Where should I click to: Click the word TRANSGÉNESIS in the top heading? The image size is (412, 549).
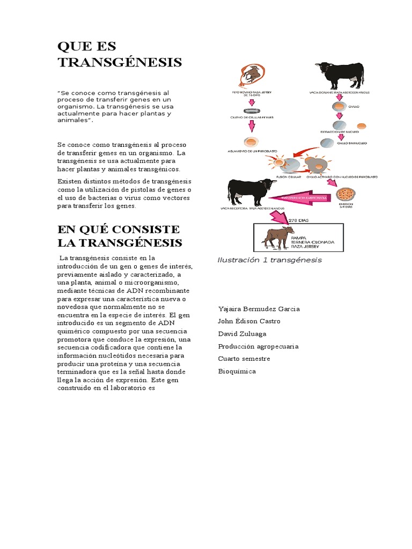(x=120, y=62)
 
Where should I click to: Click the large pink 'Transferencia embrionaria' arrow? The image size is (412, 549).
(x=300, y=197)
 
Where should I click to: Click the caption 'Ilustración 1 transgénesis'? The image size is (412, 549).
(x=269, y=260)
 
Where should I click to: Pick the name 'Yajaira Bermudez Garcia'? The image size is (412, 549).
(x=259, y=309)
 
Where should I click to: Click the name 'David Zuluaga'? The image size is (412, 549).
(x=242, y=333)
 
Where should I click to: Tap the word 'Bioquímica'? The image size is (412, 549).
(x=237, y=371)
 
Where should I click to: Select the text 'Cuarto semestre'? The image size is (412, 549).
(x=244, y=359)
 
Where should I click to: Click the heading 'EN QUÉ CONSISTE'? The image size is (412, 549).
(x=119, y=229)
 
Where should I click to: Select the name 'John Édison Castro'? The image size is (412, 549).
(x=249, y=321)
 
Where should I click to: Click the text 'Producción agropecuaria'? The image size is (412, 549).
(x=258, y=346)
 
